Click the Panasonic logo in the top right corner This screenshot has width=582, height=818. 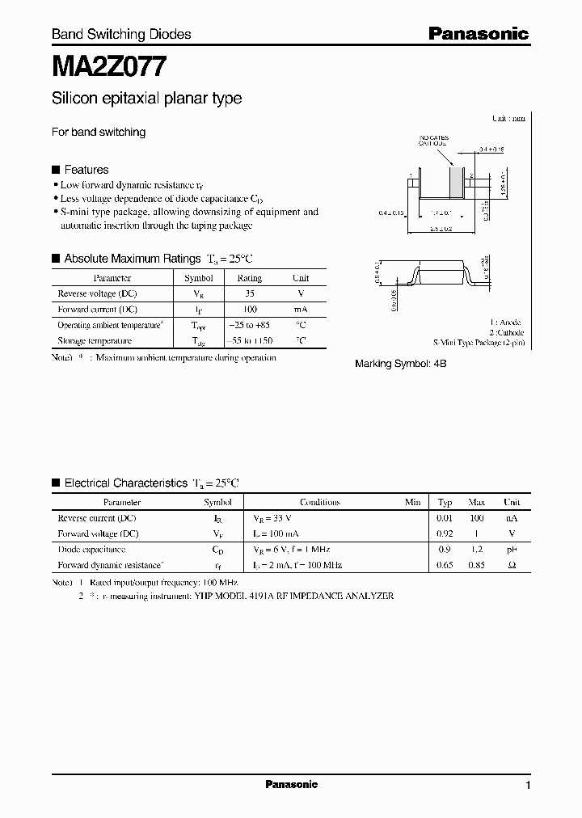click(x=478, y=33)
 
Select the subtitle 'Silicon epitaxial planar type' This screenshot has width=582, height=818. click(x=146, y=99)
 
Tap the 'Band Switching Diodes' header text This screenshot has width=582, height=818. click(x=121, y=34)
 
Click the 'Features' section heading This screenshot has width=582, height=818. click(x=86, y=170)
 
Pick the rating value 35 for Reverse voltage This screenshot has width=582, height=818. click(x=249, y=293)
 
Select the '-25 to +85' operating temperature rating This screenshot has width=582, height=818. click(x=249, y=325)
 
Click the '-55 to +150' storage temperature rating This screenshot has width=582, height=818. click(x=249, y=341)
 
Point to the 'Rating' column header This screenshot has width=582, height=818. click(x=249, y=278)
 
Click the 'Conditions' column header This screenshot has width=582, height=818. click(x=320, y=502)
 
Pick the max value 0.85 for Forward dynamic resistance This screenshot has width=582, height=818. click(x=477, y=565)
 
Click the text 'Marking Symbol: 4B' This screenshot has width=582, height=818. click(x=401, y=365)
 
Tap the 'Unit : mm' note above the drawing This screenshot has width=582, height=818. click(x=508, y=118)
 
